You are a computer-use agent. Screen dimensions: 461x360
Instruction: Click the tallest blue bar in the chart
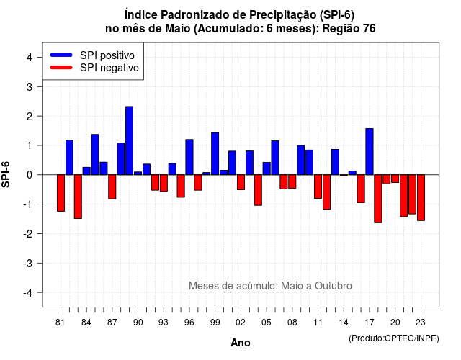[x=130, y=140]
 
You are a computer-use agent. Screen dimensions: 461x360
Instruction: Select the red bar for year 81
[x=61, y=193]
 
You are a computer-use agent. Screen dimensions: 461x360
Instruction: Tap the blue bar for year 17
[x=370, y=152]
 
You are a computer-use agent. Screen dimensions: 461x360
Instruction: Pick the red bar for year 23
[x=421, y=198]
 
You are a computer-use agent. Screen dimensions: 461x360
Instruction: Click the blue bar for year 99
[x=215, y=153]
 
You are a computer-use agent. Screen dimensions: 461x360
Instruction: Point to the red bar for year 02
[x=241, y=182]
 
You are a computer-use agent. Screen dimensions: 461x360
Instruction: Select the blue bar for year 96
[x=189, y=157]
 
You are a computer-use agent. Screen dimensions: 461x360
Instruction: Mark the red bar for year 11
[x=318, y=186]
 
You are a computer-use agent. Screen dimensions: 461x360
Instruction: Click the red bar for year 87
[x=112, y=187]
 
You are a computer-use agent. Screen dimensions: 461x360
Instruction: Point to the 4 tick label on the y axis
[x=30, y=58]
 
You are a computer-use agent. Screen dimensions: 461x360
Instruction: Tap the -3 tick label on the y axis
[x=28, y=263]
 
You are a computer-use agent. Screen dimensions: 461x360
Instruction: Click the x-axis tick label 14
[x=344, y=323]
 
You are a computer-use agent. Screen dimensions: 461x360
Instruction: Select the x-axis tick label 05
[x=267, y=323]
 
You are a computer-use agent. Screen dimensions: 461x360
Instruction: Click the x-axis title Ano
[x=241, y=343]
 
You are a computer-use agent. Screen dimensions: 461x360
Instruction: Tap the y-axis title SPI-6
[x=6, y=174]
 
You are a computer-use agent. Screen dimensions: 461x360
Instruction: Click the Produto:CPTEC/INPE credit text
[x=394, y=338]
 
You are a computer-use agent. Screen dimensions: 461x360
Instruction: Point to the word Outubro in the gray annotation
[x=334, y=286]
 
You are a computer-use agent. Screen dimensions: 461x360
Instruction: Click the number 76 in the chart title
[x=370, y=29]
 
